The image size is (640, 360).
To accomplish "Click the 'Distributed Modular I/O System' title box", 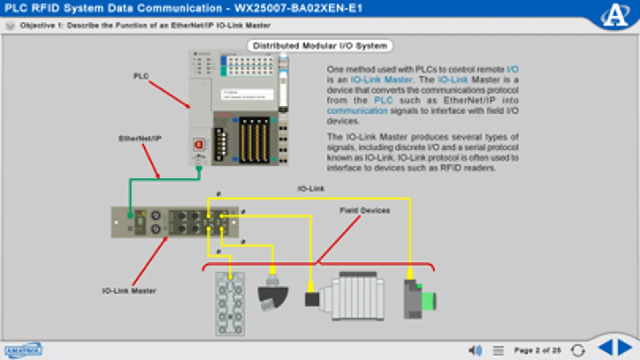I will point(320,46).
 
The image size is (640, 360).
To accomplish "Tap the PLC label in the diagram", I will point(141,76).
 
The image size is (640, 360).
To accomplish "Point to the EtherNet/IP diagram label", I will point(140,138).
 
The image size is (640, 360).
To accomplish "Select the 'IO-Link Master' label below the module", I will point(129,291).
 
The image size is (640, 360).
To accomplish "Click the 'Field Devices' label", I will point(364,210).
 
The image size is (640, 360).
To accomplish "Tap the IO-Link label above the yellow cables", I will point(311,188).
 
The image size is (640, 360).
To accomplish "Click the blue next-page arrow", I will point(624,347).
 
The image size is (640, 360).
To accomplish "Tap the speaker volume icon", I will point(475,350).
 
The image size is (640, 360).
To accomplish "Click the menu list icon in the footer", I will point(498,350).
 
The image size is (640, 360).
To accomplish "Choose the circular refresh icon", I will point(578,350).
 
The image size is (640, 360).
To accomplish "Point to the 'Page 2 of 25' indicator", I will point(537,350).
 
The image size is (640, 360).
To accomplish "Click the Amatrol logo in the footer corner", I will point(23,350).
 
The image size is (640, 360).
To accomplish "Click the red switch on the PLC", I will point(199,144).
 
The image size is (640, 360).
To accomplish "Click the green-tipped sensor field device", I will point(419,299).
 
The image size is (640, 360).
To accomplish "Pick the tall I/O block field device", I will point(230,304).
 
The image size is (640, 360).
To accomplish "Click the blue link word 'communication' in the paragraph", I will point(357,111).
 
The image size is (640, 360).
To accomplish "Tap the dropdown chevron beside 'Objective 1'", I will point(10,26).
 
